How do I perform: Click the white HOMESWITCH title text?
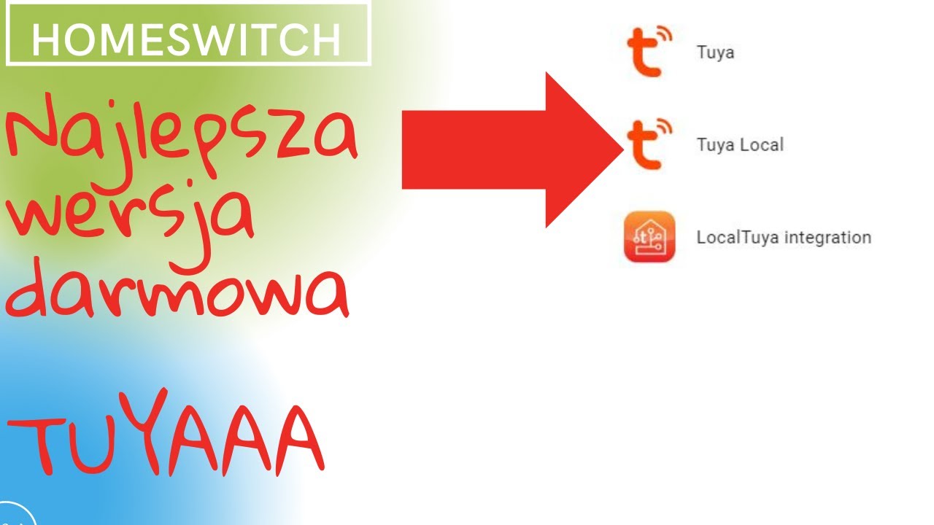(186, 40)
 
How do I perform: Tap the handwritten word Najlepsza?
(182, 133)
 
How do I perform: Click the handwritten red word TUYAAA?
(166, 433)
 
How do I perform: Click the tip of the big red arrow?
(623, 149)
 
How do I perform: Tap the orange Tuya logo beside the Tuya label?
(649, 52)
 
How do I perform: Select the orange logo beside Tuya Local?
(649, 144)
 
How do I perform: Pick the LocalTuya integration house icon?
(649, 237)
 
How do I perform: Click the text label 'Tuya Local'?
(740, 145)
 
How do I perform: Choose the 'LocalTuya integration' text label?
(784, 238)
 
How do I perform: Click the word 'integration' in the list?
(828, 238)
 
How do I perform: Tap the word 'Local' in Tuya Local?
(762, 144)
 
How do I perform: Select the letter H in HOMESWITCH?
(45, 40)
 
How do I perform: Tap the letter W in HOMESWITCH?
(219, 40)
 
